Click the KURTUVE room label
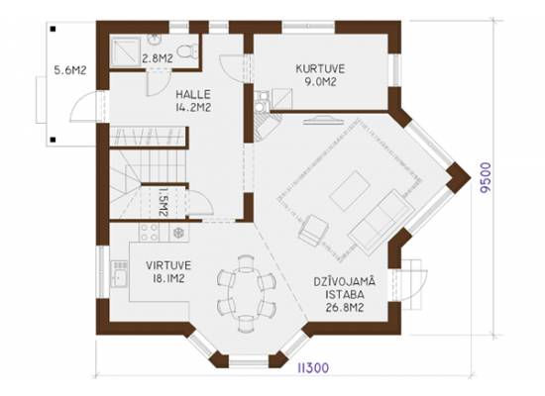[320, 68]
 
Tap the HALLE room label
[193, 94]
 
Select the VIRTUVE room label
[168, 265]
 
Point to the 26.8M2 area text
[345, 308]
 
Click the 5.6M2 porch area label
[70, 70]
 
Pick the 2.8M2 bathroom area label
[158, 58]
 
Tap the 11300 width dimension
[313, 368]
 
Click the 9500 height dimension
[486, 177]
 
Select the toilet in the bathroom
[187, 51]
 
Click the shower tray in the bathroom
[126, 51]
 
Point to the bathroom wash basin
[154, 40]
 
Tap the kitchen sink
[119, 275]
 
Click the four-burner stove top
[149, 232]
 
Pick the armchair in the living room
[314, 231]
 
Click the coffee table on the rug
[350, 190]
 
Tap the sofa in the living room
[381, 222]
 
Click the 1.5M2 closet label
[163, 202]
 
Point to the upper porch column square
[53, 29]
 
